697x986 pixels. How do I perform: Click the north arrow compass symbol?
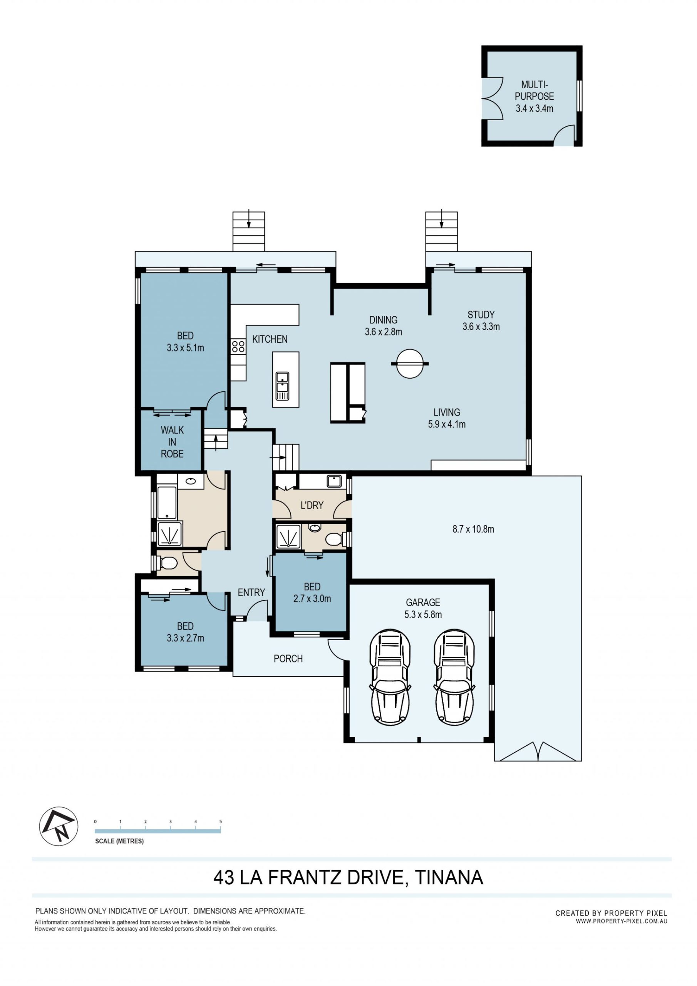[x=59, y=826]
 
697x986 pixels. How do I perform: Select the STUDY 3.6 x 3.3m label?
[x=481, y=320]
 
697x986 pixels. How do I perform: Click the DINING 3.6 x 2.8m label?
[x=383, y=325]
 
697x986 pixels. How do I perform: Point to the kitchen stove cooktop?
[x=238, y=346]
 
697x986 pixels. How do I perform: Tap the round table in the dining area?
[x=410, y=364]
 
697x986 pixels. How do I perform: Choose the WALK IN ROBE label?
[x=172, y=442]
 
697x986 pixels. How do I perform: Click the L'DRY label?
[x=312, y=505]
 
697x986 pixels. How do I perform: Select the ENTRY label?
[x=251, y=593]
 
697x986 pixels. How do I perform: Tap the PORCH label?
[x=288, y=659]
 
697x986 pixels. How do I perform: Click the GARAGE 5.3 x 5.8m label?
[x=422, y=609]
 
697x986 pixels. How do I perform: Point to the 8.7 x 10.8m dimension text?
[x=473, y=529]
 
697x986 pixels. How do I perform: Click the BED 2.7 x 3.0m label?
[x=312, y=593]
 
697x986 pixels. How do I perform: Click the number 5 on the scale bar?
[x=221, y=822]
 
